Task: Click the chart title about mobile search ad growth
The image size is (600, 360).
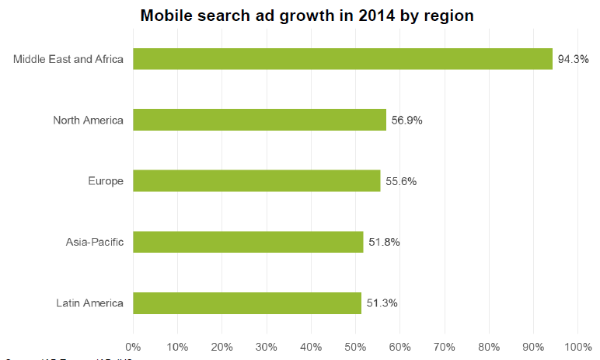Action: [x=307, y=16]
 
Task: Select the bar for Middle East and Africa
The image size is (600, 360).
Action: [x=343, y=59]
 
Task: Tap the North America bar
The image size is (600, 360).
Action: [x=260, y=120]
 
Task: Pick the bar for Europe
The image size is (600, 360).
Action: [x=256, y=180]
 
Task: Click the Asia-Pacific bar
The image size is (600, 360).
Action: [x=248, y=242]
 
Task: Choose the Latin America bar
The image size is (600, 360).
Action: [x=247, y=302]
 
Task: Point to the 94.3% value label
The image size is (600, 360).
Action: [x=573, y=59]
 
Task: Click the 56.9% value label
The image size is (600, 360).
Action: [x=406, y=120]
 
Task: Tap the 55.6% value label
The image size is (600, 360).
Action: [x=401, y=181]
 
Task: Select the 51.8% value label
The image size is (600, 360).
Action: [x=384, y=242]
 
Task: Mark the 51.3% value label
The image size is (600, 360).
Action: [x=382, y=302]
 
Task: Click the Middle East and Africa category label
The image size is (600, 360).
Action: [x=68, y=59]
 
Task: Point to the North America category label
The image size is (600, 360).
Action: [x=88, y=120]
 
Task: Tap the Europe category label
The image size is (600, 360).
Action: [x=106, y=181]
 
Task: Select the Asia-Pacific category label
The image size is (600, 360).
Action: [x=94, y=242]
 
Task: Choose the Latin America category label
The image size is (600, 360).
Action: [x=89, y=302]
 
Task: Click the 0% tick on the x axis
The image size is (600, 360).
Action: [x=133, y=345]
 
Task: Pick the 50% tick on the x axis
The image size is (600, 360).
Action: [x=355, y=345]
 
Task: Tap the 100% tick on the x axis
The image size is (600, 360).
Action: [x=577, y=345]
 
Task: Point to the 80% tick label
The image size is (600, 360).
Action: [x=489, y=345]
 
